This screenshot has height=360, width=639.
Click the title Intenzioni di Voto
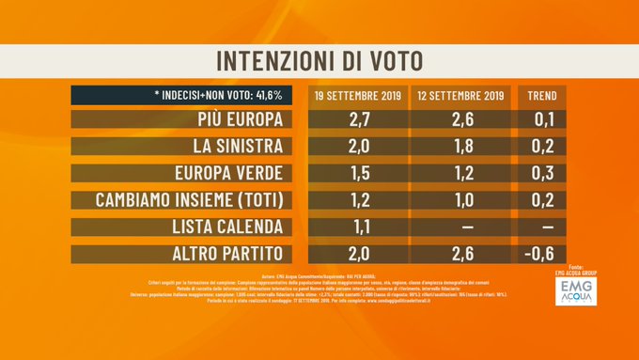tap(319, 59)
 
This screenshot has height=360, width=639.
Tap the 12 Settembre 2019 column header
tap(460, 95)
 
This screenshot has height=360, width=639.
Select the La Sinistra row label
tap(227, 148)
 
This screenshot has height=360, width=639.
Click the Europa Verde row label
tap(226, 174)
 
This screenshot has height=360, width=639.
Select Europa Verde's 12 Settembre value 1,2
tap(460, 174)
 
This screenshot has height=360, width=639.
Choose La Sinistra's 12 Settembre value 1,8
tap(460, 148)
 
